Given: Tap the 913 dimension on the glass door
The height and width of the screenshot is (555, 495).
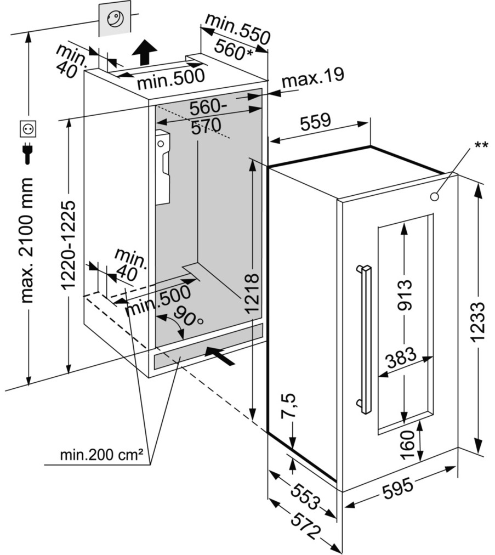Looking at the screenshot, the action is point(405,295).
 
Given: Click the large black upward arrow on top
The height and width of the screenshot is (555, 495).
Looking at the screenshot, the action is point(144,53).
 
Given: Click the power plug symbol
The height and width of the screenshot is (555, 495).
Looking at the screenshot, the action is point(27,153).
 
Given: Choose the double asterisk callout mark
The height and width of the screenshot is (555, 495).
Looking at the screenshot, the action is point(481,145).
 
